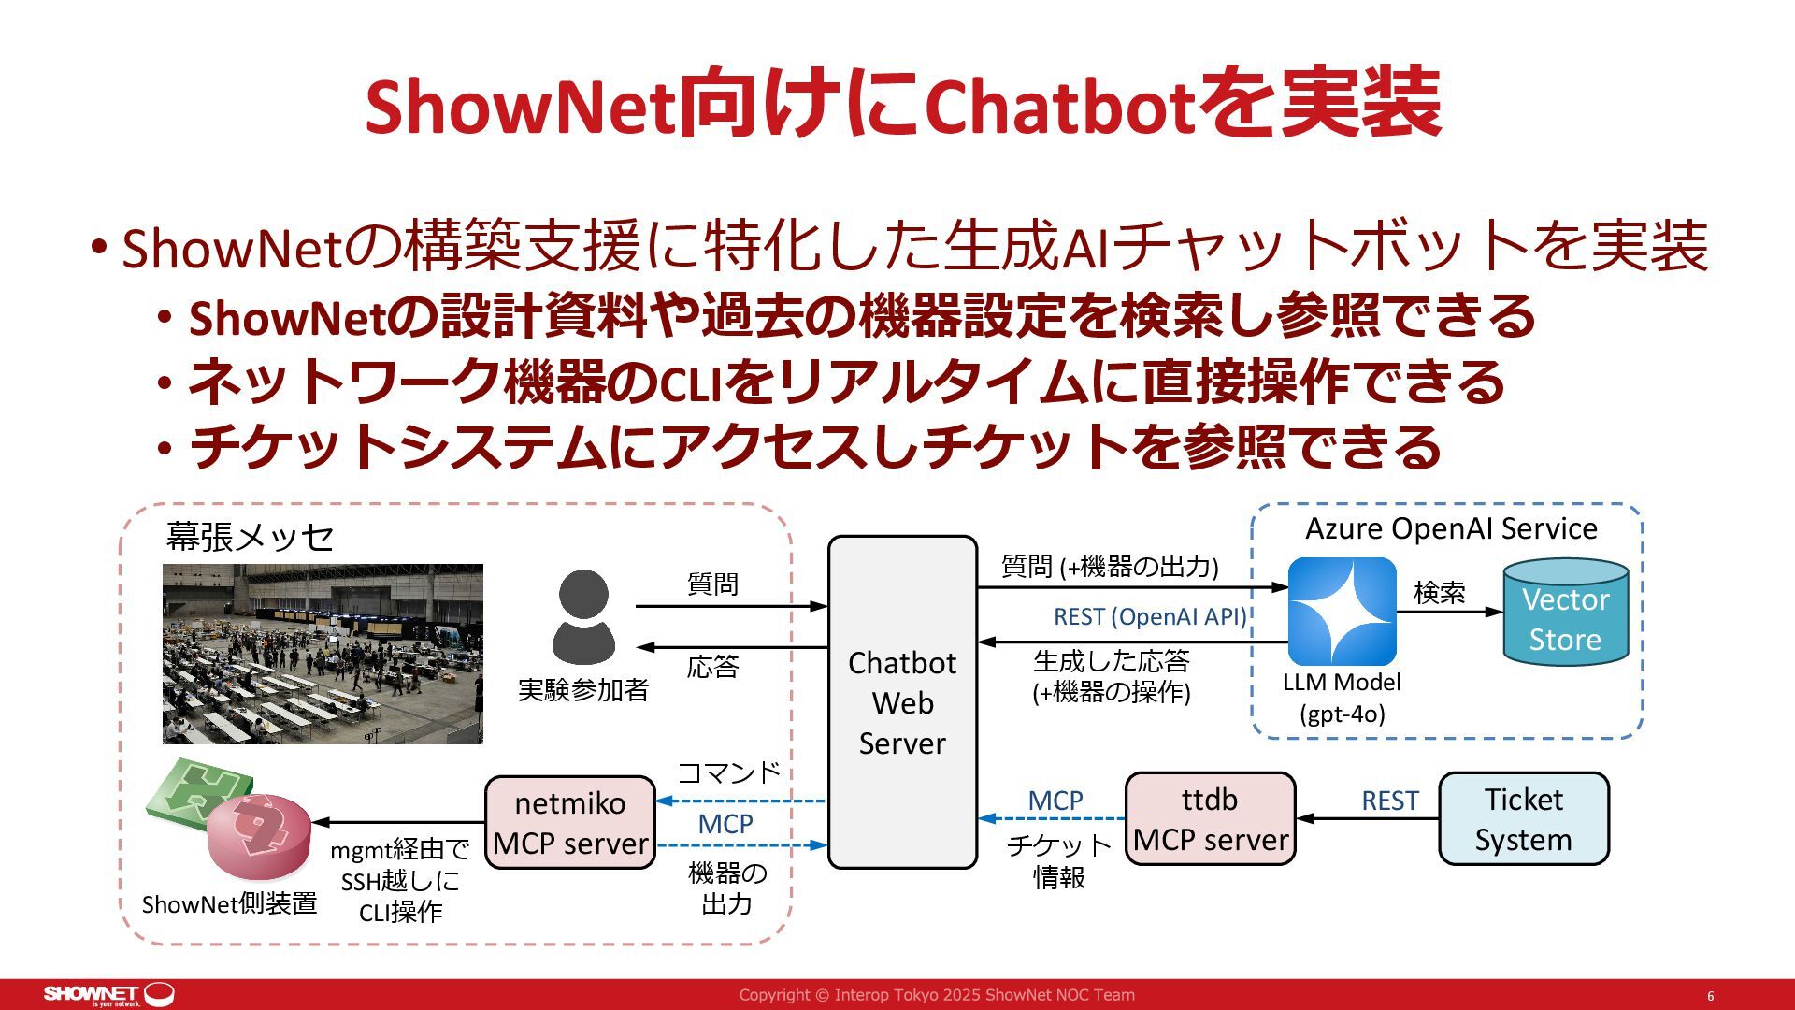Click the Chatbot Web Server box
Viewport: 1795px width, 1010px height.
[x=902, y=701]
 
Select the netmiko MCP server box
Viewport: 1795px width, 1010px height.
[x=569, y=823]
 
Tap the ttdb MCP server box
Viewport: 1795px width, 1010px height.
[x=1210, y=819]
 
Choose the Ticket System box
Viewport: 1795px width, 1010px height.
[x=1523, y=819]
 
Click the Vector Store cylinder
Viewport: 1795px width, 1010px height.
[x=1565, y=613]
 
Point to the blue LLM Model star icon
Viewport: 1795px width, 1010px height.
[x=1342, y=612]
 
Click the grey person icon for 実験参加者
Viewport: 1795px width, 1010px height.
[x=583, y=617]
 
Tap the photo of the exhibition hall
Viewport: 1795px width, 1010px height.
[x=323, y=654]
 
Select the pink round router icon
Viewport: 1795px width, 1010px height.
[x=258, y=834]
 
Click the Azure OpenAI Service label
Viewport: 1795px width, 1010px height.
[x=1451, y=528]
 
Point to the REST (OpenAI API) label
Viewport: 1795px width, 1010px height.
[x=1150, y=617]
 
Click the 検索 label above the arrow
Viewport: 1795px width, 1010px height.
[x=1439, y=592]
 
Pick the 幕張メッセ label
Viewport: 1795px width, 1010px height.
[x=250, y=537]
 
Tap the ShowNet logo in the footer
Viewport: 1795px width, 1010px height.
[x=108, y=994]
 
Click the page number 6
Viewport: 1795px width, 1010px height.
[x=1710, y=996]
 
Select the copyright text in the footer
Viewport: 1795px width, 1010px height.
[x=937, y=995]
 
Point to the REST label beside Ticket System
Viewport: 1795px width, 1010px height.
[x=1389, y=801]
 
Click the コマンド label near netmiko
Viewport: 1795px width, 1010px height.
[x=728, y=772]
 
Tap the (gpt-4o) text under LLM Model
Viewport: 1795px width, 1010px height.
[x=1342, y=714]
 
